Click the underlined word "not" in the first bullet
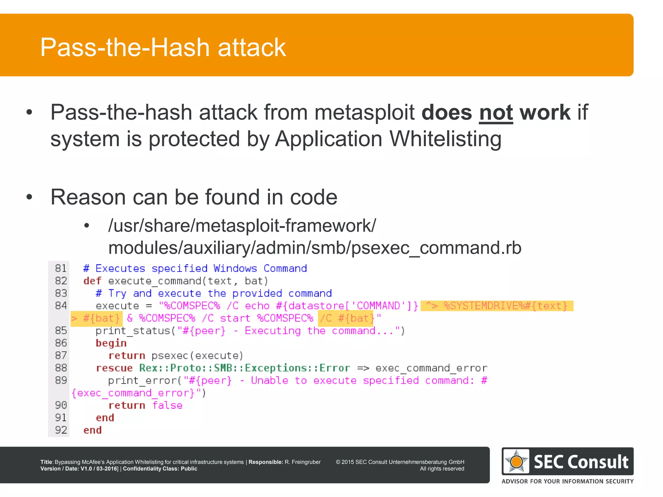[496, 113]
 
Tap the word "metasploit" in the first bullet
[365, 113]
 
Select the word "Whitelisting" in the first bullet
[445, 139]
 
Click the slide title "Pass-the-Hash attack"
[163, 47]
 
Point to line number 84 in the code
[61, 305]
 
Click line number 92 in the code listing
[61, 430]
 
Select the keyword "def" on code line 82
[92, 281]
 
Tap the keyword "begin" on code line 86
[111, 343]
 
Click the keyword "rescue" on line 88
[114, 368]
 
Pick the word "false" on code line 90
[167, 405]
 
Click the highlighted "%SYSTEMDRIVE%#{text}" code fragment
[505, 306]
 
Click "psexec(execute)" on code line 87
[197, 356]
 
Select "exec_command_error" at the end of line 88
[431, 368]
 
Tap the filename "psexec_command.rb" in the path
[436, 248]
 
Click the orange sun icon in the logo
[516, 461]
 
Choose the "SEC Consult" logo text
[581, 462]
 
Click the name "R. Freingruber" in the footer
[302, 462]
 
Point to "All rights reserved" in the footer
[442, 469]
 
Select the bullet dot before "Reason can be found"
[29, 197]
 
